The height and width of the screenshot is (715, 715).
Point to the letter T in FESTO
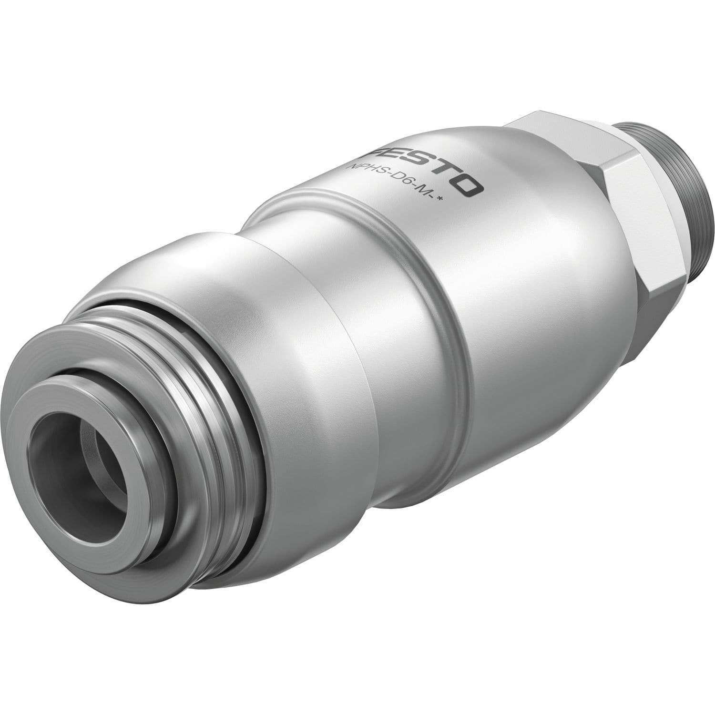coord(441,176)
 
